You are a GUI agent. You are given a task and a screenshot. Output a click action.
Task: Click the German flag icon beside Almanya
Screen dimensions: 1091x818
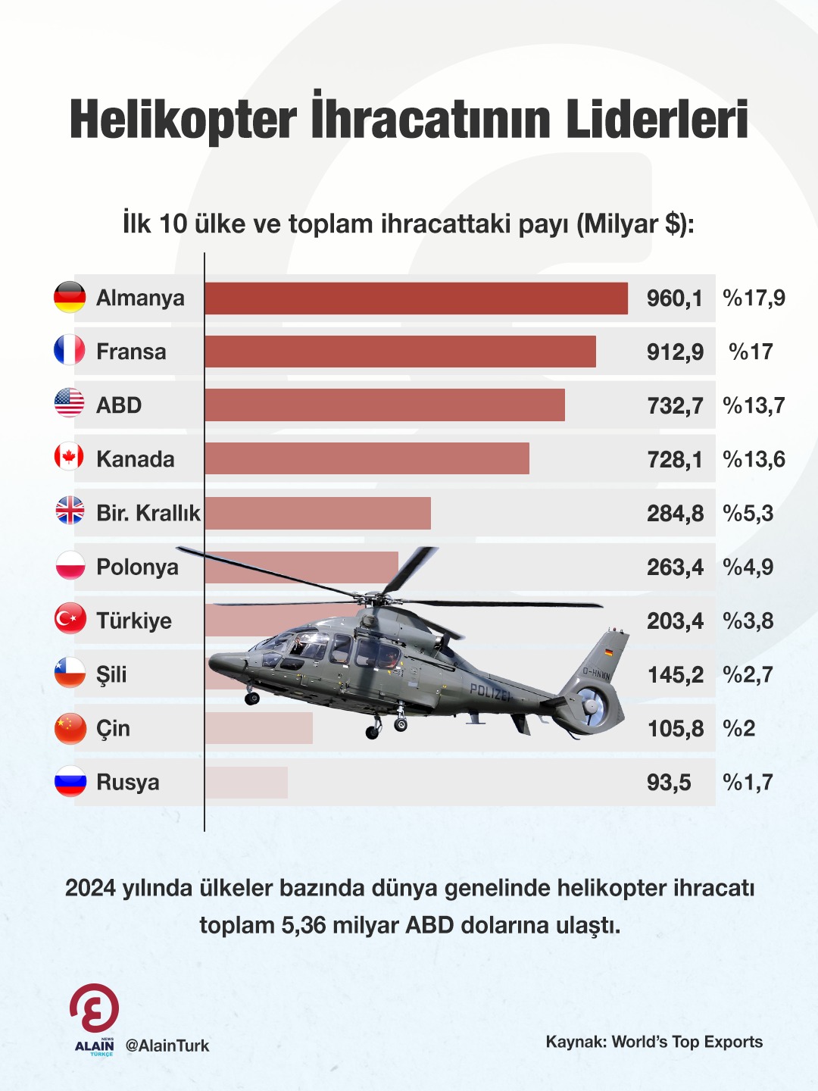click(x=70, y=297)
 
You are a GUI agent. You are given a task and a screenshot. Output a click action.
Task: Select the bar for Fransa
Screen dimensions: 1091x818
click(x=400, y=352)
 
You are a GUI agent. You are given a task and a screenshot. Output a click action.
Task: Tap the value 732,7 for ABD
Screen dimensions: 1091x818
click(x=675, y=405)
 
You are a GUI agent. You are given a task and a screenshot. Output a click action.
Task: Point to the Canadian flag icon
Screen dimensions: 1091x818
click(x=70, y=457)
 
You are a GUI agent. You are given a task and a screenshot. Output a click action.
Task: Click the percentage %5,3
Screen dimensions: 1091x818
click(x=748, y=513)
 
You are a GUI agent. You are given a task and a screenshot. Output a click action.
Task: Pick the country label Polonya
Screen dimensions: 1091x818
click(x=137, y=567)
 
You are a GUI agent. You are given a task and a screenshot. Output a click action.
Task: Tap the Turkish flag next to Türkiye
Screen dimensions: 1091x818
click(x=70, y=619)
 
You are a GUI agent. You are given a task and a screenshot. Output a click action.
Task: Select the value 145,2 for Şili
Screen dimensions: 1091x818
click(x=675, y=674)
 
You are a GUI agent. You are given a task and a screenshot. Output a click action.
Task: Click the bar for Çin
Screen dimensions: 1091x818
click(x=258, y=728)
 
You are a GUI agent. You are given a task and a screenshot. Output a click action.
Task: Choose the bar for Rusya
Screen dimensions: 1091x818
click(x=246, y=782)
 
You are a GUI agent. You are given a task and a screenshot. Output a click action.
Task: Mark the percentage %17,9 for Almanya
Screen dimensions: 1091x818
click(x=754, y=298)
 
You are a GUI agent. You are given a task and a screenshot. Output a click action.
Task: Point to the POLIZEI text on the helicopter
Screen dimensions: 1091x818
click(x=490, y=691)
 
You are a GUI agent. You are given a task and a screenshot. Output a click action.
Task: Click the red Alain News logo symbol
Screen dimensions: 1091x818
click(x=95, y=1008)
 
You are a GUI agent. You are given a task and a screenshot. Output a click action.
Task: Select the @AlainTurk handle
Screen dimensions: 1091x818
click(x=167, y=1046)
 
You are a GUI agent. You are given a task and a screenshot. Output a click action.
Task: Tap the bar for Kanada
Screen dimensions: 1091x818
click(x=367, y=459)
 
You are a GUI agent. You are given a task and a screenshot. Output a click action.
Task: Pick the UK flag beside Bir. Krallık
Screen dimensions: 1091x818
click(x=70, y=511)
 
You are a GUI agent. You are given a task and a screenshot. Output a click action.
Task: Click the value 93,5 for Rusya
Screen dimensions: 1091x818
click(x=669, y=782)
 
